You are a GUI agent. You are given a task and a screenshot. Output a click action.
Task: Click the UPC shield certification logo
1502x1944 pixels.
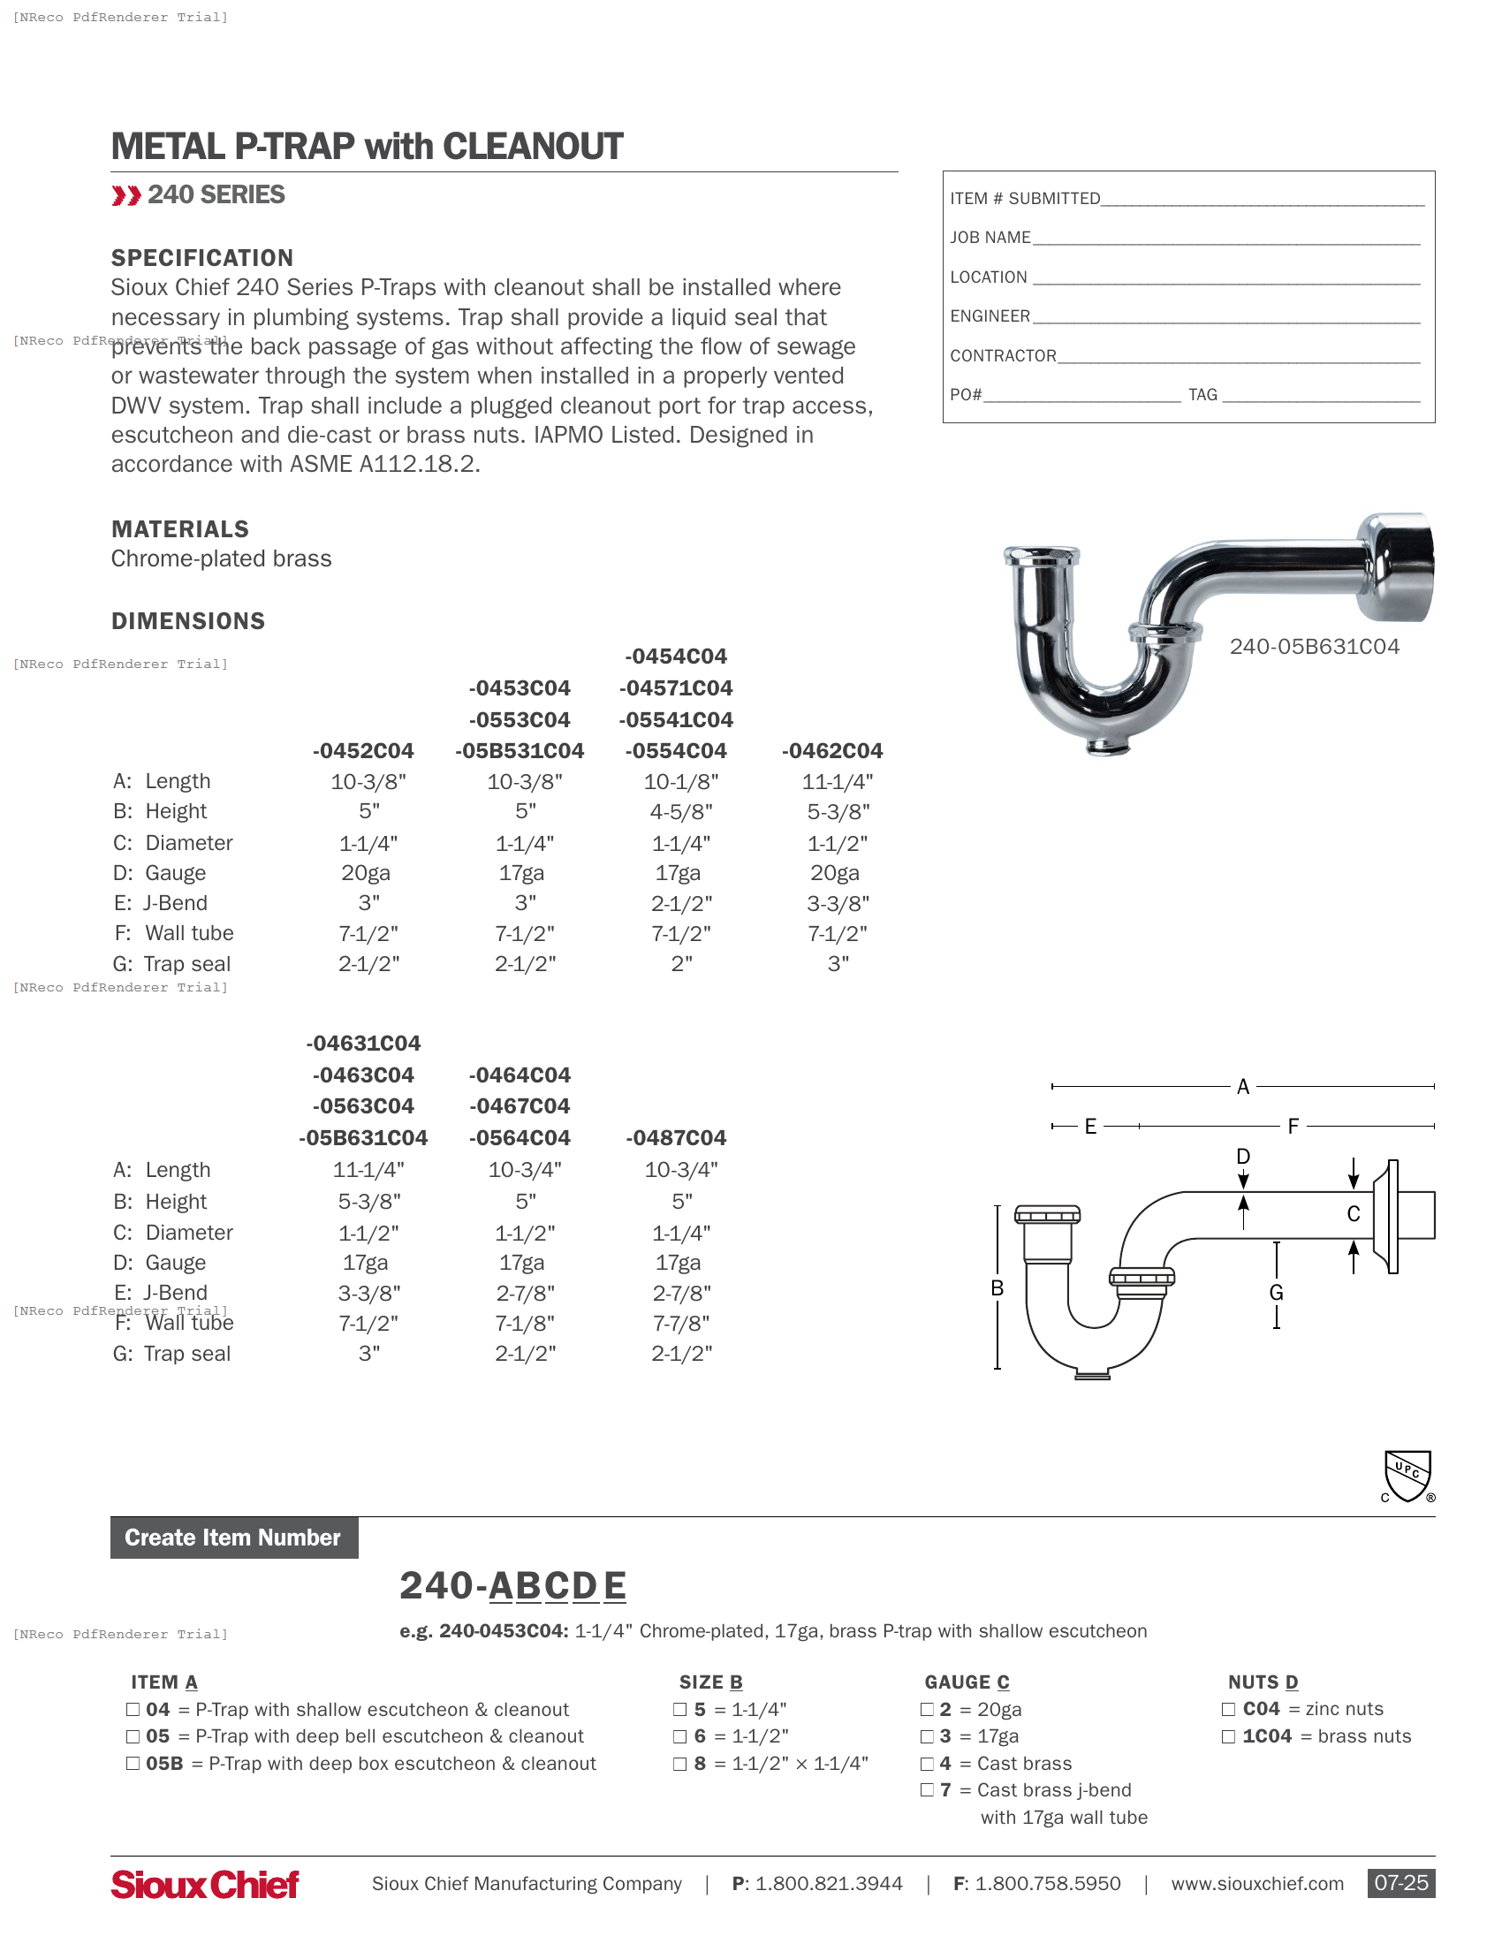(1407, 1476)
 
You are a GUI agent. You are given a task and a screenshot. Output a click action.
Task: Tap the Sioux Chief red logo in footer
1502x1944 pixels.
(205, 1884)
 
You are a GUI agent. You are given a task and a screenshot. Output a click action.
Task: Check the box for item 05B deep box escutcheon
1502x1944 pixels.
(133, 1764)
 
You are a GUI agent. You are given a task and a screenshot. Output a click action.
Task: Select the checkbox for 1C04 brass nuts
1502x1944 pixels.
(1228, 1735)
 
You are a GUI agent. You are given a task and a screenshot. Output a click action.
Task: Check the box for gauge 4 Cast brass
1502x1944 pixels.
(927, 1764)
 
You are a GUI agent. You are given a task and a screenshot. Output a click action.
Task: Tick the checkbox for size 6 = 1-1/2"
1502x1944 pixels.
(679, 1735)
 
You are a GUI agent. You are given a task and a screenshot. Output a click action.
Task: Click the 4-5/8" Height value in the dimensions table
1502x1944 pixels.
(680, 812)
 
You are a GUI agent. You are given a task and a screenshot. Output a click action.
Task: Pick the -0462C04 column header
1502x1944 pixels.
(832, 750)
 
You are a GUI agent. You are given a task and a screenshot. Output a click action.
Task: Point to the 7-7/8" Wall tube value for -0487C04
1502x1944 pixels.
(680, 1323)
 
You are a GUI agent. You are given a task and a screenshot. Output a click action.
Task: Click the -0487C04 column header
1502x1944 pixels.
(675, 1137)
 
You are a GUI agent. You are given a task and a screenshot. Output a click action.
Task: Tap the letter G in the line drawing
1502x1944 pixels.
(1276, 1293)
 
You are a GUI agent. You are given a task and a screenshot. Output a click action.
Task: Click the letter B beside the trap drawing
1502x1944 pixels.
(998, 1288)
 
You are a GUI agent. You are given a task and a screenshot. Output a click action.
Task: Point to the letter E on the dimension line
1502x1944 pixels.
(1090, 1126)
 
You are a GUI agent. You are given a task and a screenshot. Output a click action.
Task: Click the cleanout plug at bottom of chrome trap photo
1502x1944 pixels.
(1107, 746)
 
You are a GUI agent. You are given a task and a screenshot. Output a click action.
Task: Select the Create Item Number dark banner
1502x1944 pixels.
(234, 1538)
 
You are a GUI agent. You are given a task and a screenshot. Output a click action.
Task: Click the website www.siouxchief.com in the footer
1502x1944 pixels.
(1256, 1884)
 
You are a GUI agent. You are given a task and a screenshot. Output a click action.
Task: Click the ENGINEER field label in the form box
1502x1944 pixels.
(990, 316)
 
